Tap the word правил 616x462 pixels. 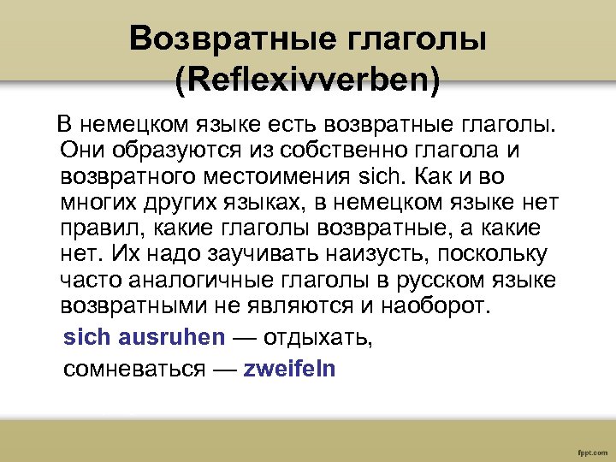[96, 229]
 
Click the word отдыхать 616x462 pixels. [317, 337]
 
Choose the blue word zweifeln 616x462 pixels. [290, 369]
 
